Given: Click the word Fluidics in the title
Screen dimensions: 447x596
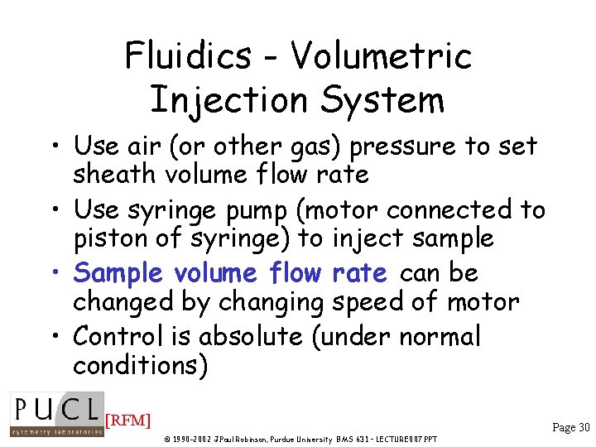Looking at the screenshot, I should [189, 56].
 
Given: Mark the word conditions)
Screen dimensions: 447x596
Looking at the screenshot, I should [140, 365].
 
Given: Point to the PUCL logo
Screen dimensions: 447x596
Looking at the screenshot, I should [56, 413].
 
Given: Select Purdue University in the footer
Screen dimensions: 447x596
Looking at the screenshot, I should [292, 438].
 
